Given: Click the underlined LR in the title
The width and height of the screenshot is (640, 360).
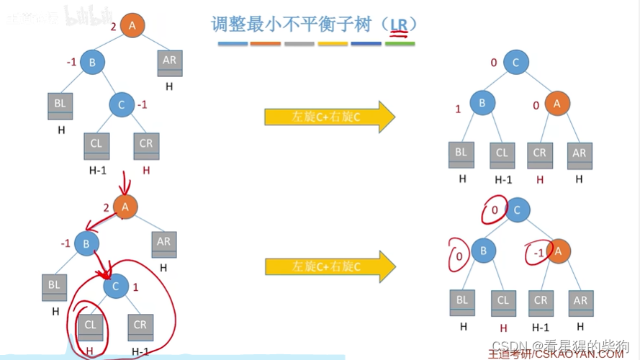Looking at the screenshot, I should click(x=399, y=24).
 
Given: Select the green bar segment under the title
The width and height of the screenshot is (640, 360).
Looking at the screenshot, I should click(x=400, y=44).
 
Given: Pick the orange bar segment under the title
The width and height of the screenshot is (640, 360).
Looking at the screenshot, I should click(x=266, y=44).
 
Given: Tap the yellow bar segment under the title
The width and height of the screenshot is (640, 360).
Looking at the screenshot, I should click(x=333, y=44).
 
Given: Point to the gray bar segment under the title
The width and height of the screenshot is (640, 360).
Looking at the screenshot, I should click(x=299, y=44).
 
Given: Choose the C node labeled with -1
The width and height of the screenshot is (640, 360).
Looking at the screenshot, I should click(x=121, y=105).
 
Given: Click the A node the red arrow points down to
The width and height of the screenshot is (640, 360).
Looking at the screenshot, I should click(x=125, y=207).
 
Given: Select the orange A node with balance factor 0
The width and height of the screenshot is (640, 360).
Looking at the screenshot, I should click(x=557, y=104).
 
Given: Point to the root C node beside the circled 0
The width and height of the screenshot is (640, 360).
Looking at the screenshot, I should click(x=516, y=210).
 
